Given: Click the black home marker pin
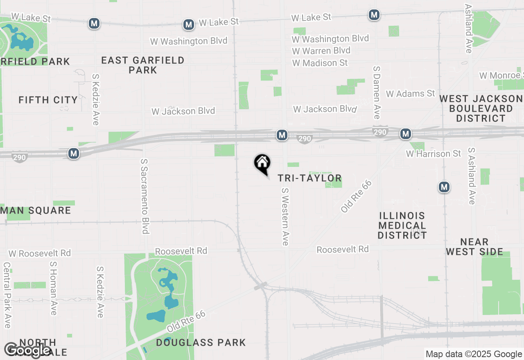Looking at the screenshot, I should [262, 163].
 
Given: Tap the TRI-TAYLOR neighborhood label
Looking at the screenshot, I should [309, 178].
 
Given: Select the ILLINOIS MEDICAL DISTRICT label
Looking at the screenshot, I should [402, 225].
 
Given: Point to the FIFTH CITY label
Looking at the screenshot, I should [48, 100].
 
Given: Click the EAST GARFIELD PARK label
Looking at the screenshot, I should [142, 65].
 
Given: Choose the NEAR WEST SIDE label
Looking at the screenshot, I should [474, 247].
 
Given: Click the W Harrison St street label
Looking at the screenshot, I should [433, 154].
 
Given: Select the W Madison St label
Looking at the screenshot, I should [320, 63].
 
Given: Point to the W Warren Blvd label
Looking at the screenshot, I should [321, 51].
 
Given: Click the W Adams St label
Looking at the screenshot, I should [410, 94].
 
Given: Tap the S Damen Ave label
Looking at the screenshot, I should [377, 90].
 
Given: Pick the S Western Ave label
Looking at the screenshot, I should [285, 216].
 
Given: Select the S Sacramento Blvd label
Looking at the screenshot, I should [144, 196].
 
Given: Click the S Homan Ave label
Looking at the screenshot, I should [53, 288].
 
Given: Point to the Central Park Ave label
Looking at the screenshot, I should [7, 295].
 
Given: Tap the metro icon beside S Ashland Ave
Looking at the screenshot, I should [444, 187].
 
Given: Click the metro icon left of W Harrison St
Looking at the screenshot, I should [405, 134].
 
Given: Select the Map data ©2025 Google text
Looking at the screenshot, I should [474, 354].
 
